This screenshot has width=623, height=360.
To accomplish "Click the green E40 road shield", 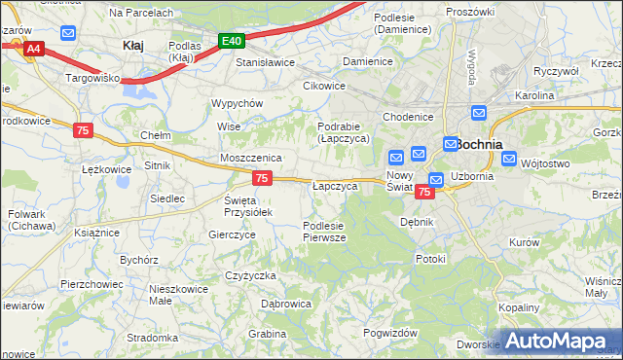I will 231,41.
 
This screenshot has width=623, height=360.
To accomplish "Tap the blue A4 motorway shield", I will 34,48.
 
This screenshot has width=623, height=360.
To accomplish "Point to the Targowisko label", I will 92,76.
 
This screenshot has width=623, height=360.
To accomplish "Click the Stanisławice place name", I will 266,62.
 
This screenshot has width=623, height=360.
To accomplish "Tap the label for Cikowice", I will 324,85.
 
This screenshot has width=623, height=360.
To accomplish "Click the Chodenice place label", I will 408,117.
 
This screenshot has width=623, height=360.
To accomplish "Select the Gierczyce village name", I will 232,234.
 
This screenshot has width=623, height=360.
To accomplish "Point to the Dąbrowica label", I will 286,304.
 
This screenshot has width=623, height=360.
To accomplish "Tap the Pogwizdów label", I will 390,332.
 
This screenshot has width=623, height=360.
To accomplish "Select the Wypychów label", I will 238,103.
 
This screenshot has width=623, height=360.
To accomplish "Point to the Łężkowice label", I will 107,169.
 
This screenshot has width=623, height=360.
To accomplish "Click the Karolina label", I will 534,96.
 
